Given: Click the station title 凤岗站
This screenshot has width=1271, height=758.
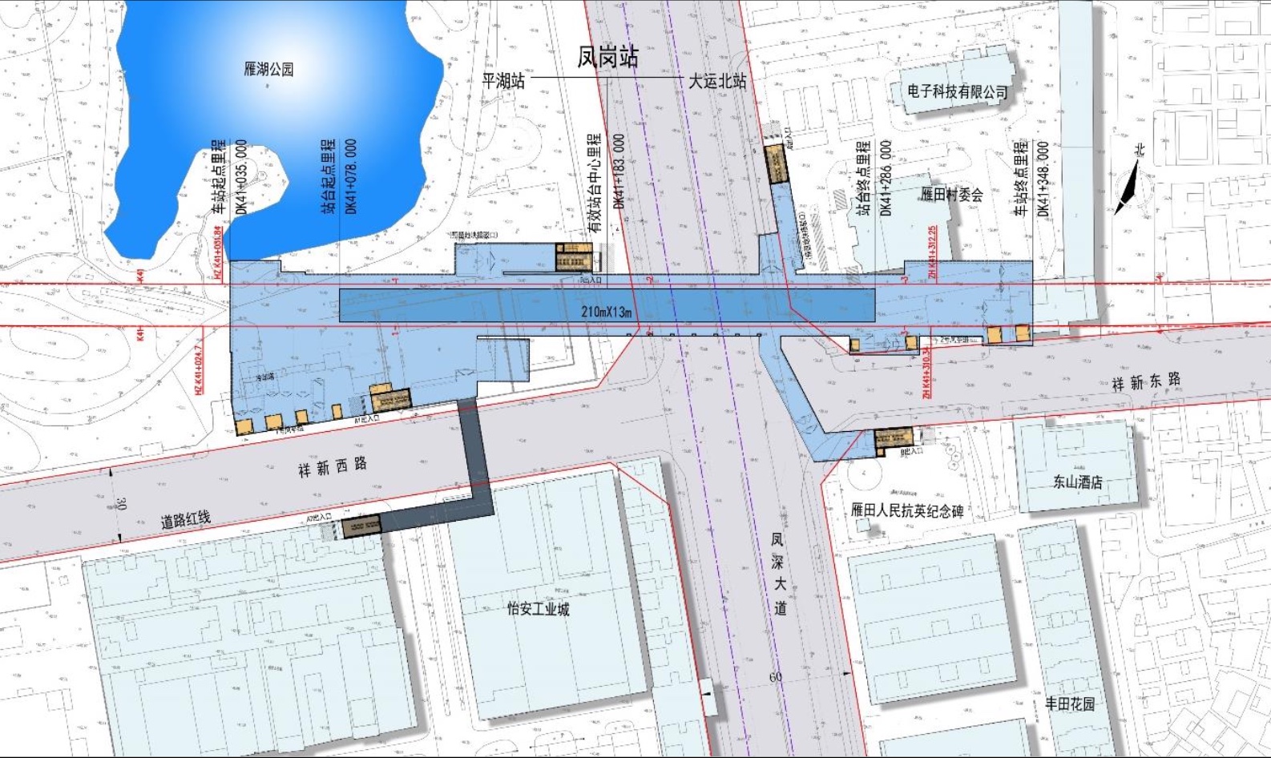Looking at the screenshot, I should click(608, 56).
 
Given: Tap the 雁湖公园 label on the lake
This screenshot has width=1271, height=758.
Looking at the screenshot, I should click(268, 70).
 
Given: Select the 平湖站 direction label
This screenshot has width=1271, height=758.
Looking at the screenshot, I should click(503, 80).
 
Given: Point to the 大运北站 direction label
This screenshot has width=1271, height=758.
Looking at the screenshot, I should click(717, 81).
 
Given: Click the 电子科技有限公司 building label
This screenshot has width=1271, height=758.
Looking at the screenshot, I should click(957, 92).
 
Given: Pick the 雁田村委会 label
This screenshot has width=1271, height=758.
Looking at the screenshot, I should click(951, 194).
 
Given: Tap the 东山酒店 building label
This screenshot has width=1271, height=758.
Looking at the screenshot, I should click(1077, 482).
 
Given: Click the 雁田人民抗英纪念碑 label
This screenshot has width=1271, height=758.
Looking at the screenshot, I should click(906, 510).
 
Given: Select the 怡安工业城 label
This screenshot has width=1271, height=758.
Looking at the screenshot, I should click(538, 609).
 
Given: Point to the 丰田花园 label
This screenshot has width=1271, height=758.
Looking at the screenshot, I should click(1069, 704).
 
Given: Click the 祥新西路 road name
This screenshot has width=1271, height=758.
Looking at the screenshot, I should click(333, 466).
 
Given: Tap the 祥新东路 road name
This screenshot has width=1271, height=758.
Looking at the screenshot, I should click(1146, 381).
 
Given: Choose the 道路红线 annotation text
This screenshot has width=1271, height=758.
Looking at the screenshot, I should click(186, 519).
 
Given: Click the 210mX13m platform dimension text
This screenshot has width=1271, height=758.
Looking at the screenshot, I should click(607, 312).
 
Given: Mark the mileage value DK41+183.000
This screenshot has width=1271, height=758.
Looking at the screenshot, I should click(619, 171).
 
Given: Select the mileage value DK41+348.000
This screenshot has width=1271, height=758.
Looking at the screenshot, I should click(1043, 179).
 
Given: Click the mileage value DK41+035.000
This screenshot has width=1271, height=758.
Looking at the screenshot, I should click(241, 177).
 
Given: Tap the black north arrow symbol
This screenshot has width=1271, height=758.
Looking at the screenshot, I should click(1127, 189).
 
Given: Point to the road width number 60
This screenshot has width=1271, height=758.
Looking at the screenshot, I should click(776, 677).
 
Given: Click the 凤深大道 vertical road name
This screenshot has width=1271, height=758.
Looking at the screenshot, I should click(779, 574).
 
